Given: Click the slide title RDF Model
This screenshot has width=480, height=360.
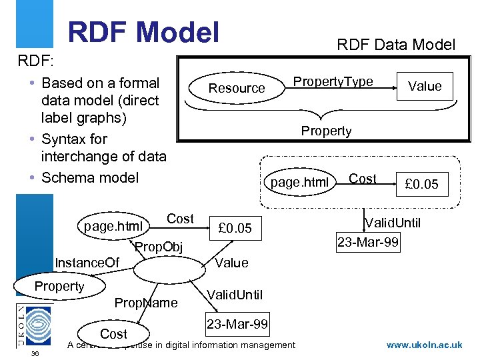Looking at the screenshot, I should (x=143, y=31).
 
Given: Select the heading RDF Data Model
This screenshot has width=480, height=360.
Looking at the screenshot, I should (x=396, y=45).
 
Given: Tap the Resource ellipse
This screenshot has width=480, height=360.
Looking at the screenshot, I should (x=237, y=88).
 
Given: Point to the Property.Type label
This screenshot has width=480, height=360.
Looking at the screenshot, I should (x=333, y=81).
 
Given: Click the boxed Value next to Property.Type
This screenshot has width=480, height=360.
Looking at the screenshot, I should (x=425, y=85).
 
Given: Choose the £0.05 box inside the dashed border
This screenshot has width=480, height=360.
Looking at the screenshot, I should (x=421, y=184).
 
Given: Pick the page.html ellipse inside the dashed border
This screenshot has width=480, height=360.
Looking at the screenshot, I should (x=299, y=182).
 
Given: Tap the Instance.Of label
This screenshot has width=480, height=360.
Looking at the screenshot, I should (x=87, y=263).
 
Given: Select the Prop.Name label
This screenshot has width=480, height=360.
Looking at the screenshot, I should (x=146, y=303).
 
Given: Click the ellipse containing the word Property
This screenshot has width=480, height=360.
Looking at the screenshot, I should (x=59, y=287).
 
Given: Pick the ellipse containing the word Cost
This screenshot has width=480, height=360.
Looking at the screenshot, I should (x=113, y=333).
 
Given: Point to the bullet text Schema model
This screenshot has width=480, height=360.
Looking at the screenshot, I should (x=90, y=177).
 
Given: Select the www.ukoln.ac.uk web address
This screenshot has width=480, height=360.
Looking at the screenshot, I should (x=424, y=345).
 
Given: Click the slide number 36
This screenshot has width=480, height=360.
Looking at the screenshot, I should (x=35, y=353).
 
